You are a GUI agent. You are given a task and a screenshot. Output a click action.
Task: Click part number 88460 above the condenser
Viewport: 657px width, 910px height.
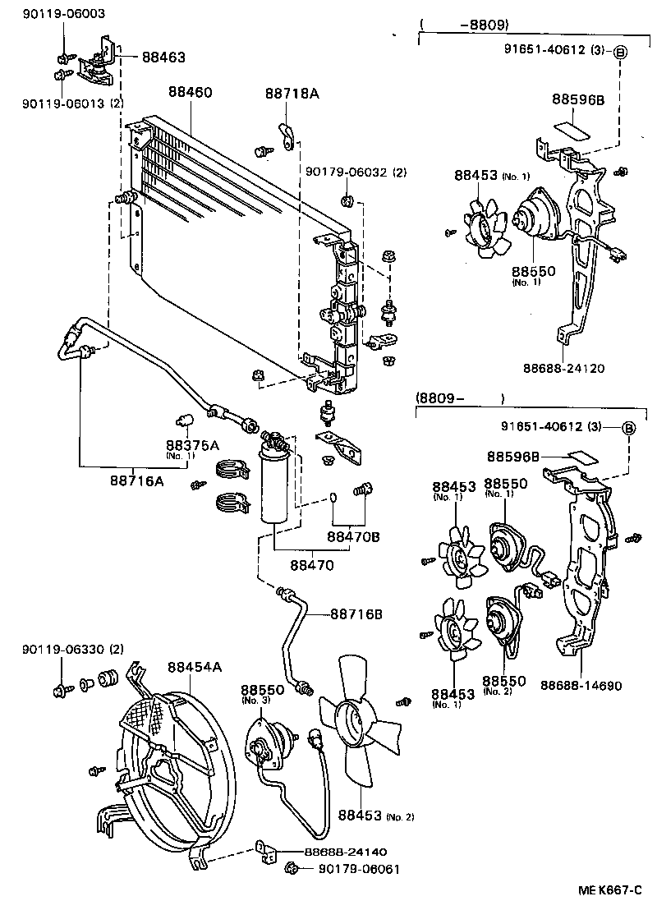191,93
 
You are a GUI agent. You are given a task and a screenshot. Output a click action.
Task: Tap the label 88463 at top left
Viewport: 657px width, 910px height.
163,57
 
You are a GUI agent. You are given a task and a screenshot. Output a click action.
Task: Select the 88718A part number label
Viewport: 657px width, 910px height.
291,94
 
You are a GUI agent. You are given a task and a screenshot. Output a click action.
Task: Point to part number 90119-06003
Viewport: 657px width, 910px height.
53,15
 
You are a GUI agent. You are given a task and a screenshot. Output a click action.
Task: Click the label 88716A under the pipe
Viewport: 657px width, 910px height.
137,480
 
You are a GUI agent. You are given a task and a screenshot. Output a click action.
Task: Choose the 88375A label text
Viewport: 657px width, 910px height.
192,445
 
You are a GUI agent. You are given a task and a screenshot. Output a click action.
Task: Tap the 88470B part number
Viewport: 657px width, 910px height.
353,537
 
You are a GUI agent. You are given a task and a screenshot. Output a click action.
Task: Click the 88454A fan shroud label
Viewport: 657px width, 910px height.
195,667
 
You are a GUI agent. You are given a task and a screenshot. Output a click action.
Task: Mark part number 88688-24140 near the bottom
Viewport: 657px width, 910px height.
339,852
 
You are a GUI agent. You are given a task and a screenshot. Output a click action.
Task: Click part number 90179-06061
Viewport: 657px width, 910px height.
358,869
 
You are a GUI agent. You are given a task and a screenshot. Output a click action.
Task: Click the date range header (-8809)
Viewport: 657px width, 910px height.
477,25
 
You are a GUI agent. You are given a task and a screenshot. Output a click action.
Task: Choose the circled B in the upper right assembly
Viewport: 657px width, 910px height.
620,51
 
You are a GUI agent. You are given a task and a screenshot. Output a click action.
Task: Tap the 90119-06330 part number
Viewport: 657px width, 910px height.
62,650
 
